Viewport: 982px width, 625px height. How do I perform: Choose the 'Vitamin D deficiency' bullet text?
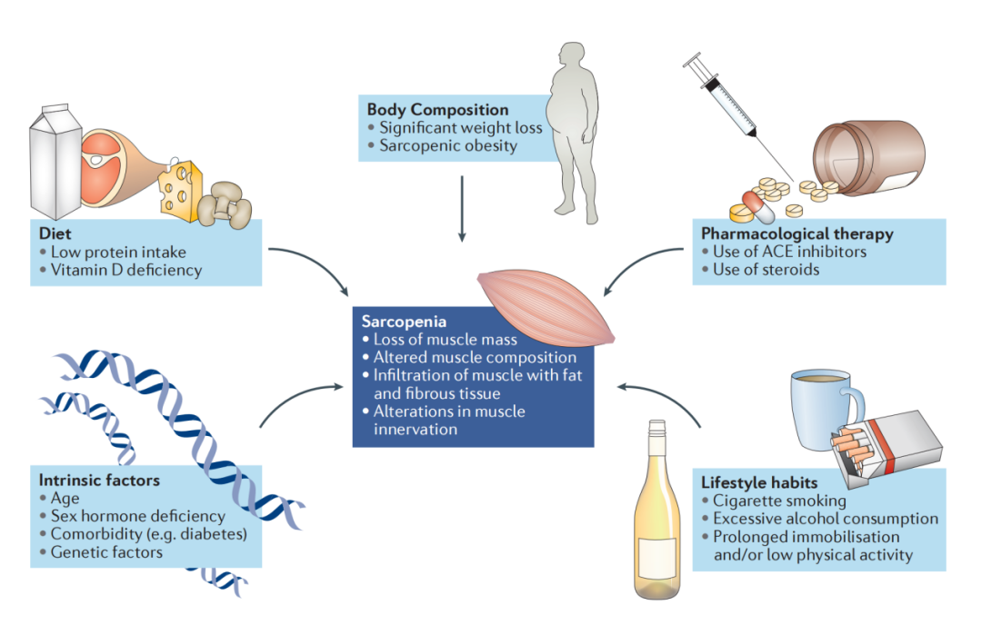[126, 270]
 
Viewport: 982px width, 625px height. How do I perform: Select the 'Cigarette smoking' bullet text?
[779, 501]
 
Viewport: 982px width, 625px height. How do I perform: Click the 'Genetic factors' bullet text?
[106, 551]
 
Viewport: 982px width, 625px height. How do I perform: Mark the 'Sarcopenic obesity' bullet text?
[447, 145]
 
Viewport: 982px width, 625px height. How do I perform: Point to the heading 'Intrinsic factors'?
[99, 480]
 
